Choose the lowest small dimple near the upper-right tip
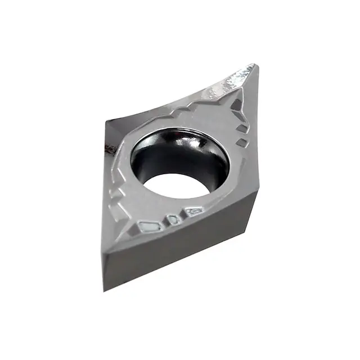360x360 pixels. (x=241, y=143)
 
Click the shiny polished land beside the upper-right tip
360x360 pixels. (x=236, y=78)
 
